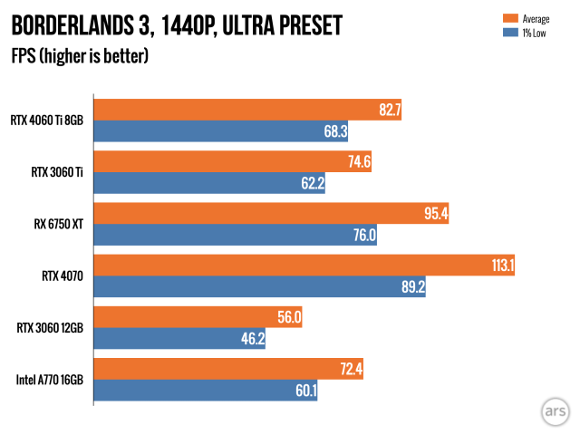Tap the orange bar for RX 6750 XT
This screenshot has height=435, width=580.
(x=272, y=214)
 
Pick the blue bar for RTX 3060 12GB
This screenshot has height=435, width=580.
(x=180, y=339)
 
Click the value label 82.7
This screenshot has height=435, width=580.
(x=391, y=111)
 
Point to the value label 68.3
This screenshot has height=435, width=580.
(x=336, y=131)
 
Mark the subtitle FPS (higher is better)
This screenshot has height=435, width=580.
(x=80, y=56)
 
